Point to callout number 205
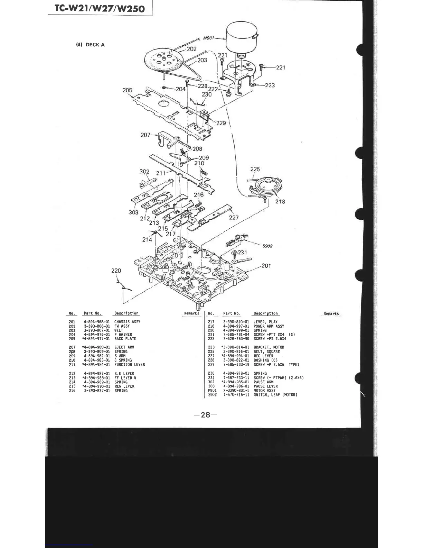click(x=128, y=90)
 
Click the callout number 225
click(x=255, y=169)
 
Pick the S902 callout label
click(x=267, y=246)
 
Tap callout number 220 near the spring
click(x=116, y=270)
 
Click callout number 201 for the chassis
click(x=266, y=266)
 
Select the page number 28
click(x=205, y=414)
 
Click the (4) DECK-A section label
click(x=90, y=45)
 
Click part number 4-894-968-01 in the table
click(x=97, y=322)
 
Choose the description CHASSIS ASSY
click(x=127, y=322)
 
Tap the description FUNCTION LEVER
click(x=130, y=365)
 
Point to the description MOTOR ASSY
click(x=264, y=391)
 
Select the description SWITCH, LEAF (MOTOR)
click(x=275, y=395)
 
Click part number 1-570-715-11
click(x=236, y=395)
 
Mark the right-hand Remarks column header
click(x=331, y=314)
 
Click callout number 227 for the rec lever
click(x=234, y=218)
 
